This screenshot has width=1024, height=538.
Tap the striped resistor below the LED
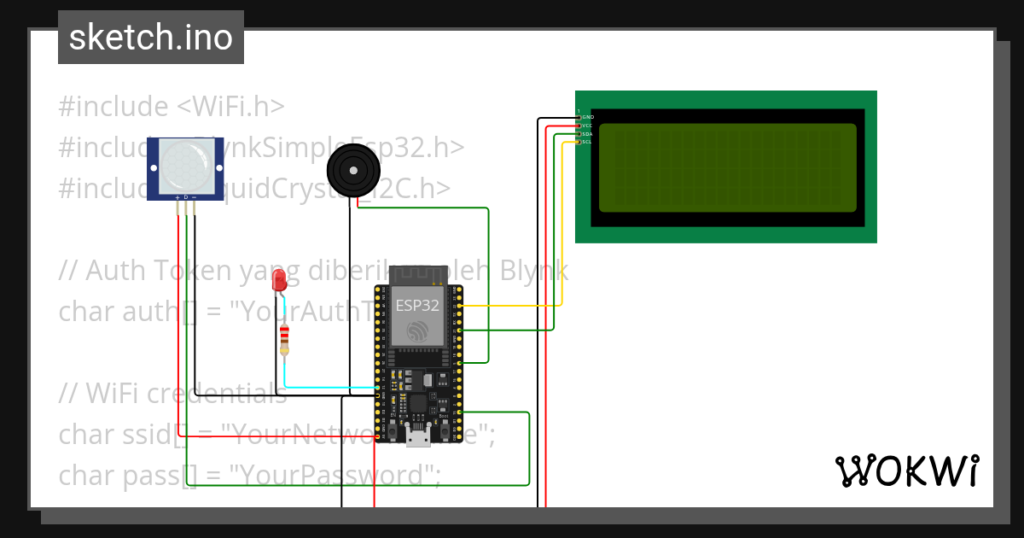tap(284, 339)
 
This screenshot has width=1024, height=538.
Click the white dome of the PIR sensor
tap(185, 165)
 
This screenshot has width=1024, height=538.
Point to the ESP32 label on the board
tap(417, 305)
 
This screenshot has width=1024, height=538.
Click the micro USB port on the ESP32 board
tap(417, 436)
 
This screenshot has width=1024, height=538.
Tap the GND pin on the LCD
tap(579, 116)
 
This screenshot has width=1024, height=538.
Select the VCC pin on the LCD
tap(579, 125)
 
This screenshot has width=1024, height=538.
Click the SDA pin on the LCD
tap(579, 133)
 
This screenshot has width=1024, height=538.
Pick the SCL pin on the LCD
tap(579, 142)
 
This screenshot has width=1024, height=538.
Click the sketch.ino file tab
tap(151, 38)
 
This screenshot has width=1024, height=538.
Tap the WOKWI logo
tap(906, 471)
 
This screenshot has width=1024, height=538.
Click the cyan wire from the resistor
tap(324, 388)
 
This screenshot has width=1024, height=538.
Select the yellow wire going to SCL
tap(512, 305)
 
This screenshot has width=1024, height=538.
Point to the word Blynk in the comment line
tap(533, 271)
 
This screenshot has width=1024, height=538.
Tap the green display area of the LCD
tap(727, 167)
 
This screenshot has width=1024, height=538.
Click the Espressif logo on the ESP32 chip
tap(417, 331)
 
